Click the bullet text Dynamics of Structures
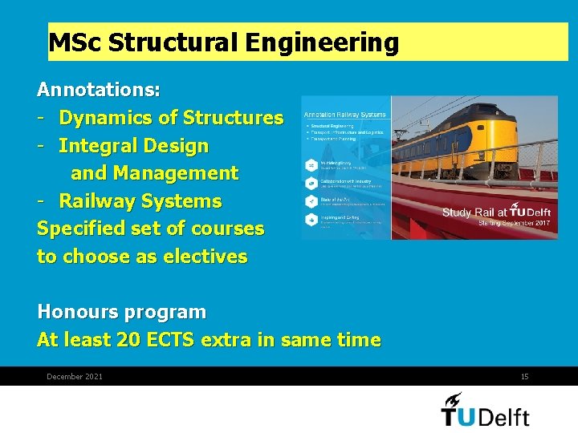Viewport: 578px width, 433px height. [171, 118]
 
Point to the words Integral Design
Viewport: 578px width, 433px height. [133, 146]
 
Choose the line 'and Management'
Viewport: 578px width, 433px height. [154, 173]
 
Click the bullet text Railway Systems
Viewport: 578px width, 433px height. [140, 200]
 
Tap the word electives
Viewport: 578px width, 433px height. [205, 257]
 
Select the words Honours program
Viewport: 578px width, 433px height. [121, 312]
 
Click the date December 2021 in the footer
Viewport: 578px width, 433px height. [75, 377]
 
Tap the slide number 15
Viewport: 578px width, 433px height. [524, 377]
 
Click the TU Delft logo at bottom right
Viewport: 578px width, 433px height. [486, 409]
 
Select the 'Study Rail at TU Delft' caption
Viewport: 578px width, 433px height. [495, 212]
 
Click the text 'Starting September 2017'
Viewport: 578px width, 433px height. [514, 223]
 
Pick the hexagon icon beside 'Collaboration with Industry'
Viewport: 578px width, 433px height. [310, 183]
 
